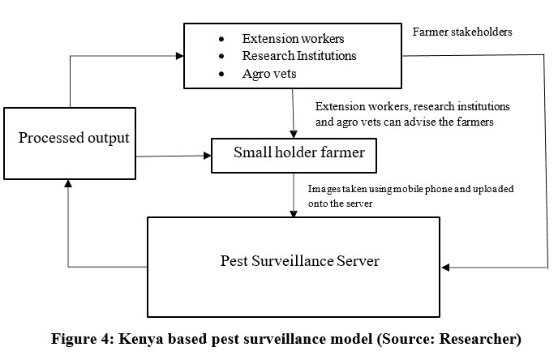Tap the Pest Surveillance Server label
pos(300,262)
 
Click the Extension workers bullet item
pos(281,39)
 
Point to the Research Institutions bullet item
pos(299,57)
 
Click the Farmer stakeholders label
pos(462,32)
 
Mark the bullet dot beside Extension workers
pos(221,40)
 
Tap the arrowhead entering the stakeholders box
pos(179,55)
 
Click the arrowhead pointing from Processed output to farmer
pos(206,153)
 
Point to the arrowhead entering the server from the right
pos(445,268)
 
